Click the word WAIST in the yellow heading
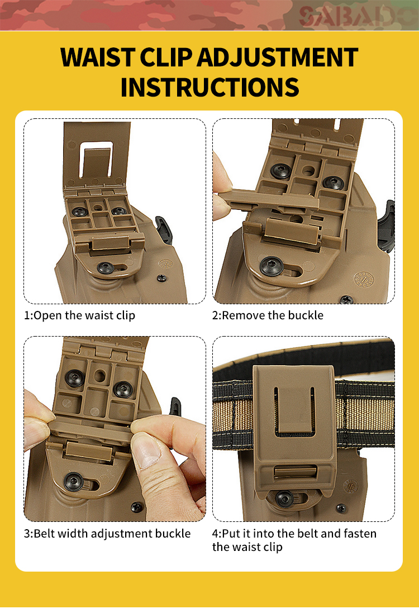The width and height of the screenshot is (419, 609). tap(97, 57)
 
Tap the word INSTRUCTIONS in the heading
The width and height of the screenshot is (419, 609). tap(210, 87)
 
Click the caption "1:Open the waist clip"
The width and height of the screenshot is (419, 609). tap(80, 315)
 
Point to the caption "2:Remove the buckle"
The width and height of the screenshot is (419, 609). tap(268, 315)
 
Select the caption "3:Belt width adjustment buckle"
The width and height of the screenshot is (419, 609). tap(107, 534)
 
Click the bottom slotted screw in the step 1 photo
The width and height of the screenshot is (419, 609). tap(106, 267)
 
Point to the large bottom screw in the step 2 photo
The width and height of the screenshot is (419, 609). tap(271, 266)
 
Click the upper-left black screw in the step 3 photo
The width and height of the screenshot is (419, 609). tap(74, 378)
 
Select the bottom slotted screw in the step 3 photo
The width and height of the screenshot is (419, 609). tap(73, 482)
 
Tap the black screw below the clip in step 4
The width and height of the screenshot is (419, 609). tap(284, 498)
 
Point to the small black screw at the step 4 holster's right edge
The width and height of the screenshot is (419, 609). tap(341, 508)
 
